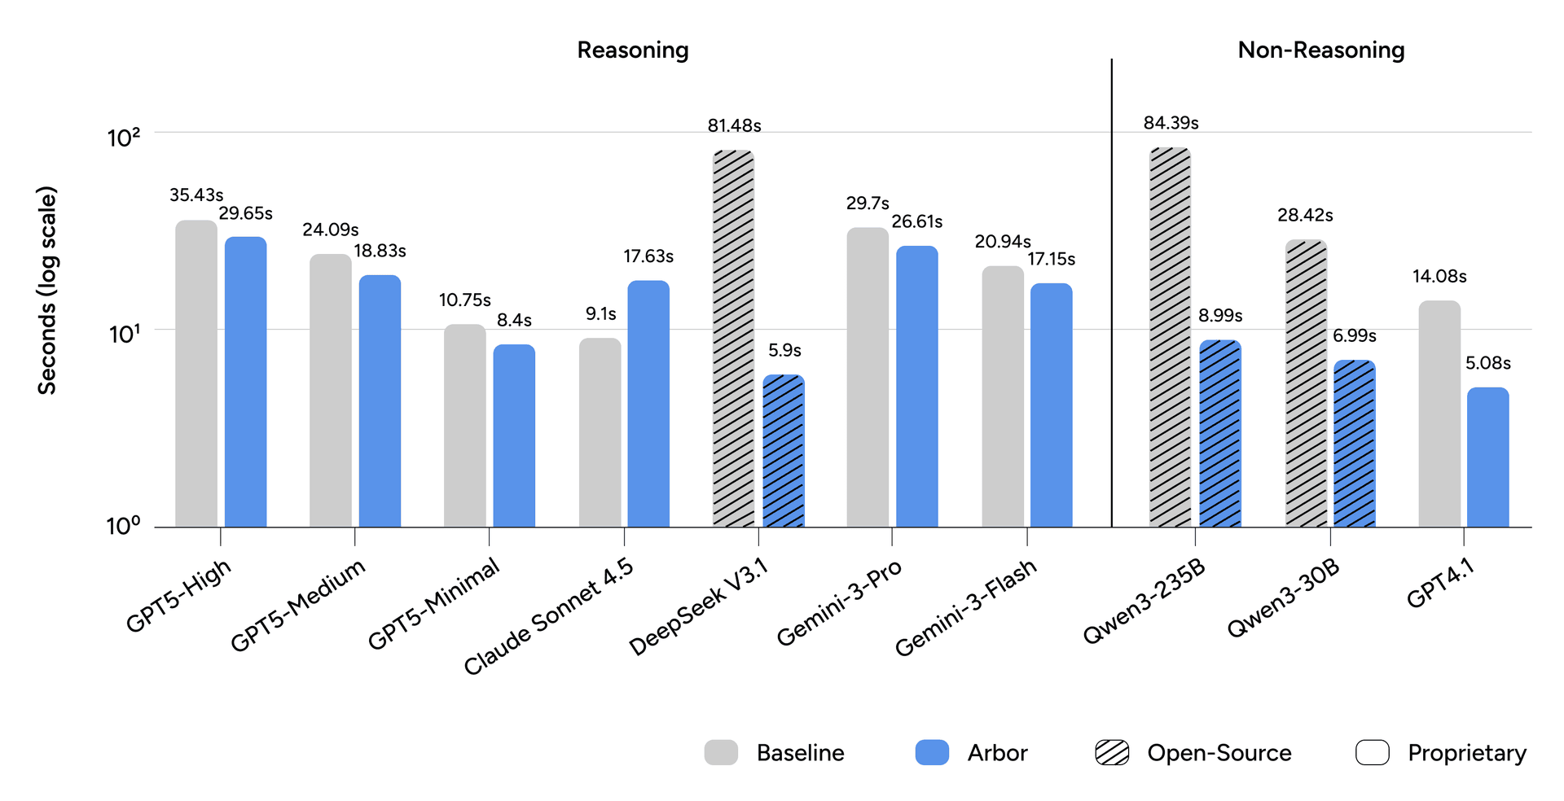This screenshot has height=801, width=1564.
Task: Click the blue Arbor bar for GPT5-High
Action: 245,383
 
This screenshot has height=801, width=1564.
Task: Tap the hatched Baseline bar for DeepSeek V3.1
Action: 733,339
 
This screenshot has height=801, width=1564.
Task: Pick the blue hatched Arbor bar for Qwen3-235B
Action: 1219,434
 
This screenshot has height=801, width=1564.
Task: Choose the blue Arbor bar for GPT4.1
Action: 1487,457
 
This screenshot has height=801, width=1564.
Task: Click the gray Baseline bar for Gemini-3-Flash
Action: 1002,396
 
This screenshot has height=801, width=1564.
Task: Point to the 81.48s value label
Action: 734,125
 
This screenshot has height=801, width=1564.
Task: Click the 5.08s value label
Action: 1487,363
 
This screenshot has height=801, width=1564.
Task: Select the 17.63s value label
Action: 648,256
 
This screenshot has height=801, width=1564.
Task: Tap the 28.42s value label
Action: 1305,215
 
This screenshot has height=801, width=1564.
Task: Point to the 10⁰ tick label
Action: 124,526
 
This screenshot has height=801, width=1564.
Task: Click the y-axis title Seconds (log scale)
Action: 47,291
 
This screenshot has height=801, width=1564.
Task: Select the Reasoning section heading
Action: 633,50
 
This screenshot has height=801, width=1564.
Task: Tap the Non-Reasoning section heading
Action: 1320,50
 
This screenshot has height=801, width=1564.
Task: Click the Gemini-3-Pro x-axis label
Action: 839,602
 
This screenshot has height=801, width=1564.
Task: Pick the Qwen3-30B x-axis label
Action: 1283,598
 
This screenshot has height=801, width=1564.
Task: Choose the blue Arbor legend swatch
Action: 932,752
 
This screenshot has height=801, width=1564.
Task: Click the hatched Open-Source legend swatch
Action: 1112,752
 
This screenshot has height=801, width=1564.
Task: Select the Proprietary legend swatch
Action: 1372,752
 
